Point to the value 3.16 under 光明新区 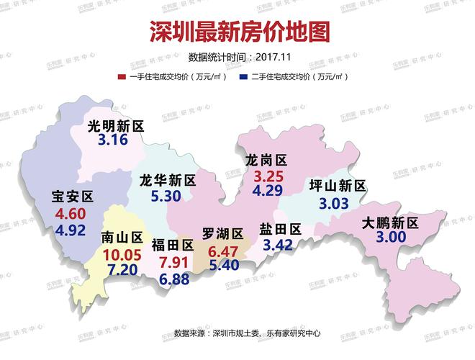click(x=113, y=140)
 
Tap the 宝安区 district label click(x=73, y=196)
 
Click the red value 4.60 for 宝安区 click(x=71, y=214)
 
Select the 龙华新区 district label click(x=168, y=180)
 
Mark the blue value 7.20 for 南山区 click(x=121, y=270)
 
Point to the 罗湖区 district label click(x=222, y=233)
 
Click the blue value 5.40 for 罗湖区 click(x=223, y=266)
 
